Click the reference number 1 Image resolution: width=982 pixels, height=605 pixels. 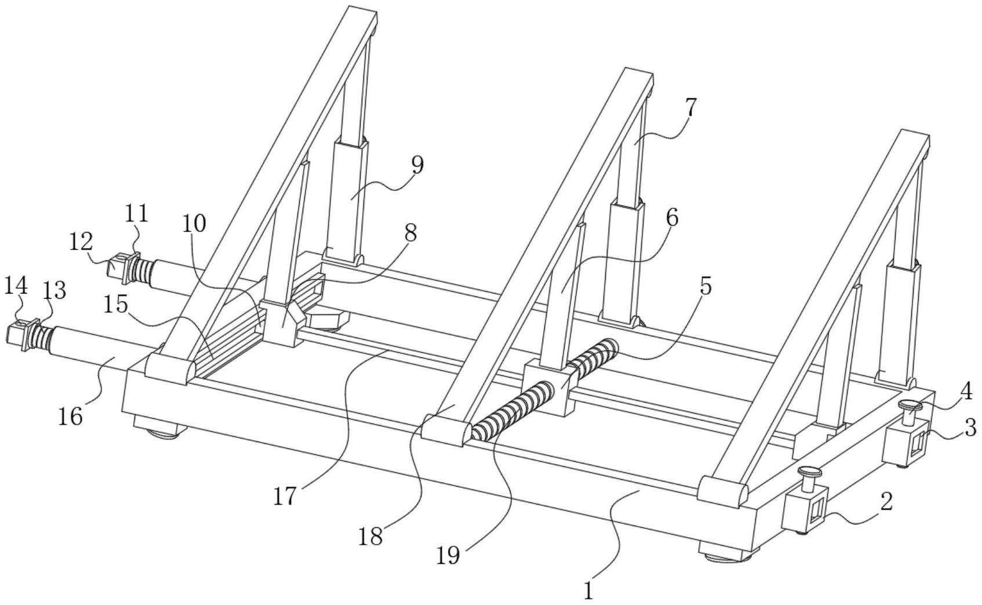[589, 590]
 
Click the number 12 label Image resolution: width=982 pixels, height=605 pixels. [82, 242]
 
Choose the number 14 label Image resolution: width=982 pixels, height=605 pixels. [15, 285]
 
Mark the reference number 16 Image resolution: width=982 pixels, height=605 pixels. [70, 416]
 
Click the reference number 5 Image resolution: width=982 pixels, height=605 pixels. [704, 287]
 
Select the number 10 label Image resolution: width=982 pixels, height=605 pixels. [195, 223]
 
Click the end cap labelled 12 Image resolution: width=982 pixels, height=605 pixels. [118, 266]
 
